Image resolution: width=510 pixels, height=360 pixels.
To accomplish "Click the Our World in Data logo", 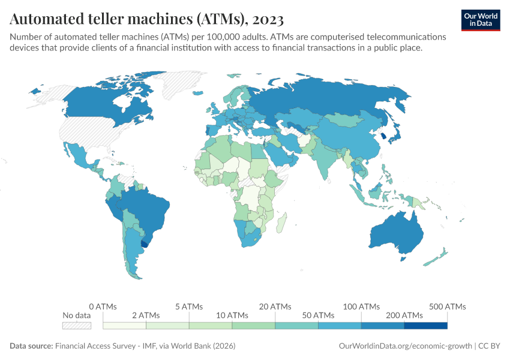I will (x=481, y=20).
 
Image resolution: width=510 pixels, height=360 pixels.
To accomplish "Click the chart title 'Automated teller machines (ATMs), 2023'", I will (x=147, y=19).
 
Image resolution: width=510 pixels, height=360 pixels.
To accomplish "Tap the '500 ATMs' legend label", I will (x=447, y=307).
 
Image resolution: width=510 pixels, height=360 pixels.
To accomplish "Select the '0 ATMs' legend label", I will (x=103, y=307).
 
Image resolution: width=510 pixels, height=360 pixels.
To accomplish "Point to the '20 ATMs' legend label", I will (x=275, y=307).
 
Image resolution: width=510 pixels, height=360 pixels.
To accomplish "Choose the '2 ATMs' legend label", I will (x=146, y=315).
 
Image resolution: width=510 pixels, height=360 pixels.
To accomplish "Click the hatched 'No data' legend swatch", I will (x=77, y=325).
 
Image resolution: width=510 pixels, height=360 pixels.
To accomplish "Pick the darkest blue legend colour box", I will (x=425, y=325).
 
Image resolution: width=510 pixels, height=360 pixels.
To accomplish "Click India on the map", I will (x=327, y=162).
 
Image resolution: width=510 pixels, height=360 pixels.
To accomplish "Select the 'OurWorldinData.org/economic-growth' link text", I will (x=405, y=346).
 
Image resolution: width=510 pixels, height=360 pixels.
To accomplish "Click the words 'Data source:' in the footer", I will (x=31, y=346).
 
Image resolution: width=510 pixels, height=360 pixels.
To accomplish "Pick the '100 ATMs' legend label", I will (x=361, y=307).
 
